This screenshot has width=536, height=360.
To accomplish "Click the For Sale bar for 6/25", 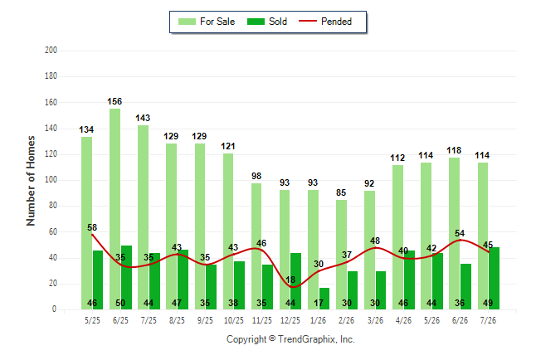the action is (115, 209).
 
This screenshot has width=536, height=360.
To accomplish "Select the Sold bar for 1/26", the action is (324, 299).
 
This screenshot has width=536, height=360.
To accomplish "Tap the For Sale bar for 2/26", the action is (341, 255).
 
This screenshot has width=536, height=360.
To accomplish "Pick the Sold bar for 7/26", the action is (494, 278).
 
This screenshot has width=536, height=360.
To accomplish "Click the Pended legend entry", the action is (325, 22).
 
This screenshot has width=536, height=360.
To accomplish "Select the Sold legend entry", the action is (267, 22).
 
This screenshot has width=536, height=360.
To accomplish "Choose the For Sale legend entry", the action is (207, 22).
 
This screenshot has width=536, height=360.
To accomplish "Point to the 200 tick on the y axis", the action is (51, 51).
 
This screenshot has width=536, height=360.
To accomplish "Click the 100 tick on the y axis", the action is (51, 180).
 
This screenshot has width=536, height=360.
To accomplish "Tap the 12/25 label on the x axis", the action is (290, 320).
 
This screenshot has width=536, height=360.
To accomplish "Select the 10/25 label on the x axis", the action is (234, 320).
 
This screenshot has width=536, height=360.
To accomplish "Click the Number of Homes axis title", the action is (31, 181).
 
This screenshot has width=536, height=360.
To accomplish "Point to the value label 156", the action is (115, 101).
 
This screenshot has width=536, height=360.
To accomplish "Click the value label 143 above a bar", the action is (143, 118).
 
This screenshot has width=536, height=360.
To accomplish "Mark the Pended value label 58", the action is (92, 227).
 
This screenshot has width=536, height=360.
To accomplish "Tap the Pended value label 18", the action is (290, 280).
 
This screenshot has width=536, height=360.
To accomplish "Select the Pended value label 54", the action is (460, 233).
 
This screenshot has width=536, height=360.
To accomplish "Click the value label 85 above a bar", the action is (341, 192).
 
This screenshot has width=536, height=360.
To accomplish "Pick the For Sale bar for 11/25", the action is (256, 246).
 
